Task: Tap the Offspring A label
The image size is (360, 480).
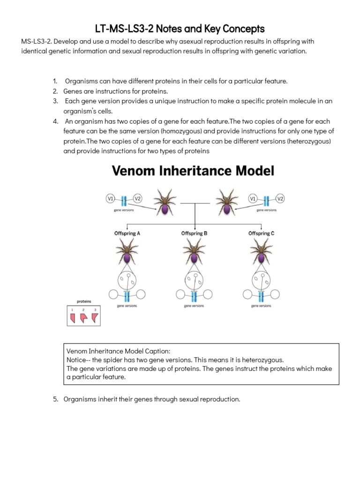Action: point(127,233)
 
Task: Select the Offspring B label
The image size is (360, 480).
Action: point(194,233)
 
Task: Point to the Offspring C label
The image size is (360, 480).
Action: point(262,233)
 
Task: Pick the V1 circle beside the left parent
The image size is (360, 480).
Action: point(111,199)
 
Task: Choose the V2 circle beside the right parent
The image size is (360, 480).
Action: point(280,199)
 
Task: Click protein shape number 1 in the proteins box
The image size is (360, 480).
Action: point(73,319)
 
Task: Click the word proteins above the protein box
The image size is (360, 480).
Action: point(84,302)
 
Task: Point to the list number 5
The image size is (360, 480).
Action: point(55,399)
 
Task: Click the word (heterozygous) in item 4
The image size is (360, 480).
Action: point(305,141)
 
